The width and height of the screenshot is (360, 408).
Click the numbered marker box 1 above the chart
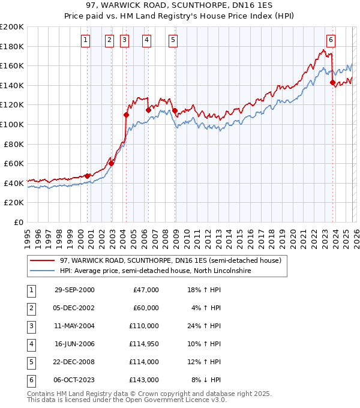[86, 40]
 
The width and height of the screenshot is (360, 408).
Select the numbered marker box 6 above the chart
[331, 40]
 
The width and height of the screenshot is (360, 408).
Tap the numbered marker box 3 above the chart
[124, 40]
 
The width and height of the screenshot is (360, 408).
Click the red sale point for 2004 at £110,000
[126, 115]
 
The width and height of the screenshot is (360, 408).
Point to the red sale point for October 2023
[332, 83]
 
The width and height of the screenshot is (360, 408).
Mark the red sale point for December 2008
[175, 110]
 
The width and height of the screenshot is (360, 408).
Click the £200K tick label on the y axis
[12, 27]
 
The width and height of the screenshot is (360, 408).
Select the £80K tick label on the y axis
[14, 144]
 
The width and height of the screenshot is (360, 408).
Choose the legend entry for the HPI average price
[155, 271]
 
